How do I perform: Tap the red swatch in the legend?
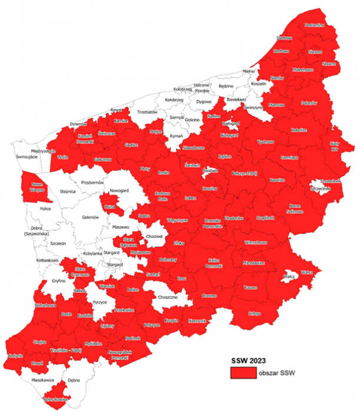(x=243, y=373)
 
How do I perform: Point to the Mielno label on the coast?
(x=247, y=71)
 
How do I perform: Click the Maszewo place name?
(x=120, y=227)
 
